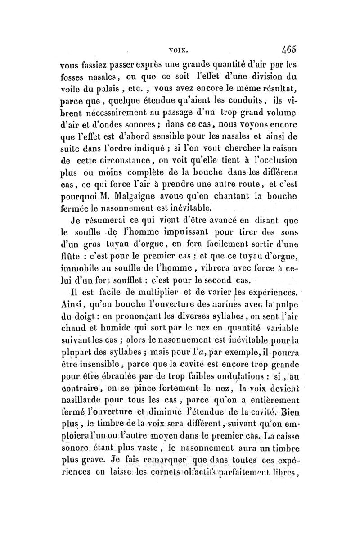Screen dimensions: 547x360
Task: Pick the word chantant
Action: (x=228, y=197)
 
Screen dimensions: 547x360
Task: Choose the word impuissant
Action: (x=179, y=233)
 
